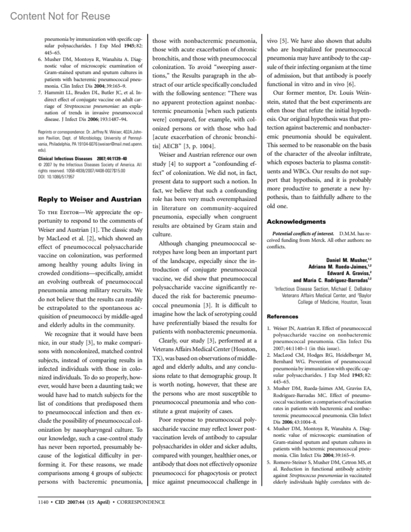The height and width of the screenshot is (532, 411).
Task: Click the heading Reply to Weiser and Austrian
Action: (x=89, y=199)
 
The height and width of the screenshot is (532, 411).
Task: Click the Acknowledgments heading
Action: (x=296, y=222)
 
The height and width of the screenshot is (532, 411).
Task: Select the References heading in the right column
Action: (x=283, y=317)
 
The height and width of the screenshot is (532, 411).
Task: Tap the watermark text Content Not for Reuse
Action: (x=60, y=16)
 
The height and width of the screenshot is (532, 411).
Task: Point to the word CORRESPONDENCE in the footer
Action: (x=141, y=502)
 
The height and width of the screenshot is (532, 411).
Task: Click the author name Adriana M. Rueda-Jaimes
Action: (x=338, y=267)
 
